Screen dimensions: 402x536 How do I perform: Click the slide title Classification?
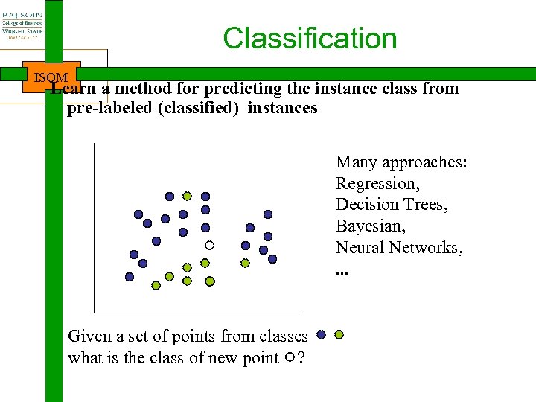[x=310, y=39]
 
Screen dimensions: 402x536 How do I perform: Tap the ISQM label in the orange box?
[x=51, y=77]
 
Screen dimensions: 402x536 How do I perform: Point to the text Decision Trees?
[x=392, y=205]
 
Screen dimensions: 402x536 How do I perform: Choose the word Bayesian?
[x=371, y=226]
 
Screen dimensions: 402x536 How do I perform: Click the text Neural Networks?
[x=399, y=247]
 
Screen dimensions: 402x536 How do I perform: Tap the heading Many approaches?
[x=401, y=162]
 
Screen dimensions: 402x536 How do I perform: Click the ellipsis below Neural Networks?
[x=342, y=269]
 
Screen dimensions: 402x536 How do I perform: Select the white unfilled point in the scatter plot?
[x=210, y=245]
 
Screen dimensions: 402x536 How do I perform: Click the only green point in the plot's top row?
[x=188, y=196]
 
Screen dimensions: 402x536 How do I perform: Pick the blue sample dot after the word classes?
[x=321, y=335]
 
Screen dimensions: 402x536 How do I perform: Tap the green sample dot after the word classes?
[x=339, y=335]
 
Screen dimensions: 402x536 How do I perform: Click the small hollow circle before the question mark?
[x=289, y=358]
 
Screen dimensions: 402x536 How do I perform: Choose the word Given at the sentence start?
[x=89, y=336]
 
